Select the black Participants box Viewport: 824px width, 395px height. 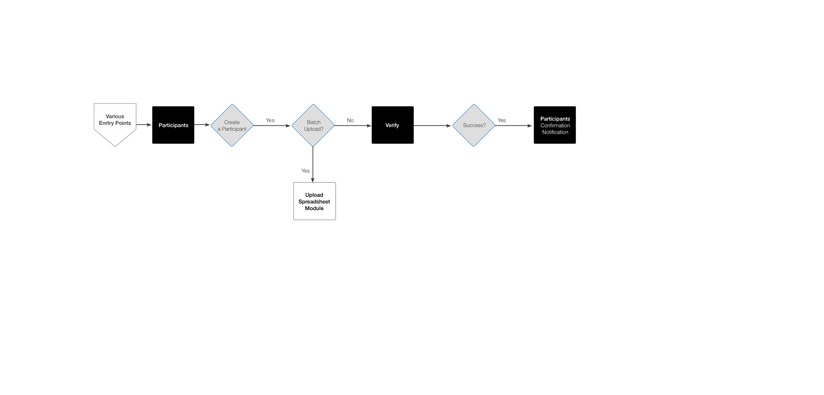point(173,125)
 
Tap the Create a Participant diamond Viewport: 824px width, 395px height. point(232,125)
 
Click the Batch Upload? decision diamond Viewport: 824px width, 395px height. point(313,125)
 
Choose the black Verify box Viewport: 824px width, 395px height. point(393,125)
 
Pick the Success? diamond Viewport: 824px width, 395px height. point(474,125)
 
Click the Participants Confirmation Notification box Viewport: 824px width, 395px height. point(555,125)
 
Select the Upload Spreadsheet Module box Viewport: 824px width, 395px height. point(315,201)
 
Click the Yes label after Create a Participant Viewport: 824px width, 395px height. point(270,120)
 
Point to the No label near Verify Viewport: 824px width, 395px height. point(350,120)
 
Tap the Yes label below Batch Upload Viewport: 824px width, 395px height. point(306,171)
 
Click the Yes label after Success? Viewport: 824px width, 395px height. point(502,120)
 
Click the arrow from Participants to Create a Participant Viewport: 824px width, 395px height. point(202,125)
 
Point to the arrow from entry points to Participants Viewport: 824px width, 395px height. point(144,125)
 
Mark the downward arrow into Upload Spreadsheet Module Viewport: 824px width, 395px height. point(313,164)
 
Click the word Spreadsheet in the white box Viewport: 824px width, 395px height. point(315,202)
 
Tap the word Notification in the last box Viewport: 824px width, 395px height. point(555,132)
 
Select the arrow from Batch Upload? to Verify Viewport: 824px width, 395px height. point(353,126)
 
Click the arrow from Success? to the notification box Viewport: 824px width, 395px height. point(514,126)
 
